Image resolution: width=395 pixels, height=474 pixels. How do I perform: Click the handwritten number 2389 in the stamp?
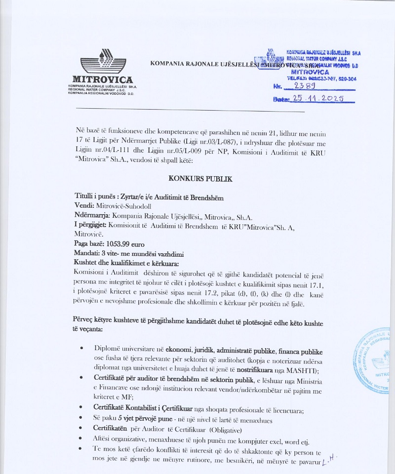pyautogui.click(x=306, y=86)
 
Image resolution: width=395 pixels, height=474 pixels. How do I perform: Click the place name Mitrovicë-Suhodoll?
pyautogui.click(x=123, y=206)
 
